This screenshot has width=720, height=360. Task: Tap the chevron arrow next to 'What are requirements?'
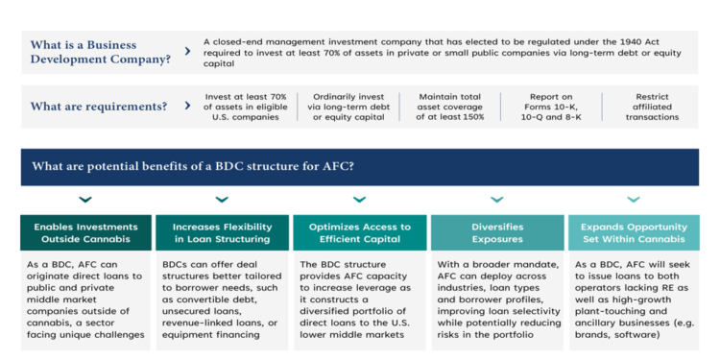click(186, 106)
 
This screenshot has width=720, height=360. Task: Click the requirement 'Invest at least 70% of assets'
click(246, 107)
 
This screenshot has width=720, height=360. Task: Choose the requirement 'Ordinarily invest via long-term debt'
click(349, 107)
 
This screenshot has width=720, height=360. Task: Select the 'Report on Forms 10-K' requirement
click(550, 107)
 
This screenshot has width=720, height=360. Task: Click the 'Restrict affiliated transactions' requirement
click(652, 107)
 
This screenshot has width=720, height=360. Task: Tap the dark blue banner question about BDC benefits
click(193, 167)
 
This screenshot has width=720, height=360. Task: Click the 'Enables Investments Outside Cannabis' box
click(85, 233)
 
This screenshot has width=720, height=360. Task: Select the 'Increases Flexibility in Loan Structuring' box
click(222, 233)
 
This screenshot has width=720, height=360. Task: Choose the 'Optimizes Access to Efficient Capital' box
click(359, 233)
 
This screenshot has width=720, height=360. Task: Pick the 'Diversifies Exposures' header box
click(496, 233)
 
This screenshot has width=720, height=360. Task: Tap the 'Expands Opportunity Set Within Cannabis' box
click(633, 233)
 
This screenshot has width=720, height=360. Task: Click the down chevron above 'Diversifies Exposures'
click(496, 200)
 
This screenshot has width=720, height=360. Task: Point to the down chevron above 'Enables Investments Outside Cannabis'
click(85, 200)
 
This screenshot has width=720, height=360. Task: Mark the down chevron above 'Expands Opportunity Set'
click(633, 200)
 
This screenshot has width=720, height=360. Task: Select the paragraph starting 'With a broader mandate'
click(496, 300)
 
